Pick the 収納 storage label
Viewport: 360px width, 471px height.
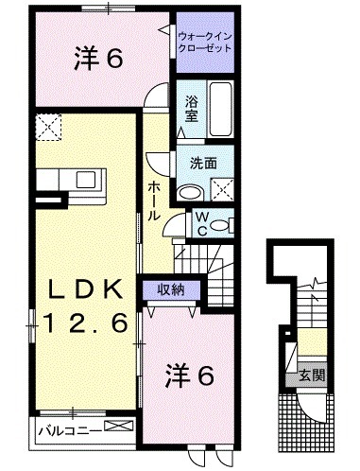[170, 289]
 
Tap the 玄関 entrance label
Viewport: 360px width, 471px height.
[314, 375]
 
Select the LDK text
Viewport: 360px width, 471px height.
[79, 289]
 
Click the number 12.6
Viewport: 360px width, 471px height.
[79, 324]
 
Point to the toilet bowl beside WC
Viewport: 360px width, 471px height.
[218, 225]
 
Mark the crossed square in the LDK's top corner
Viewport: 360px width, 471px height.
[47, 125]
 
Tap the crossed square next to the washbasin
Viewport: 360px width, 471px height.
[223, 188]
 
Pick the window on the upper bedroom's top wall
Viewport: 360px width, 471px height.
[108, 9]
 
